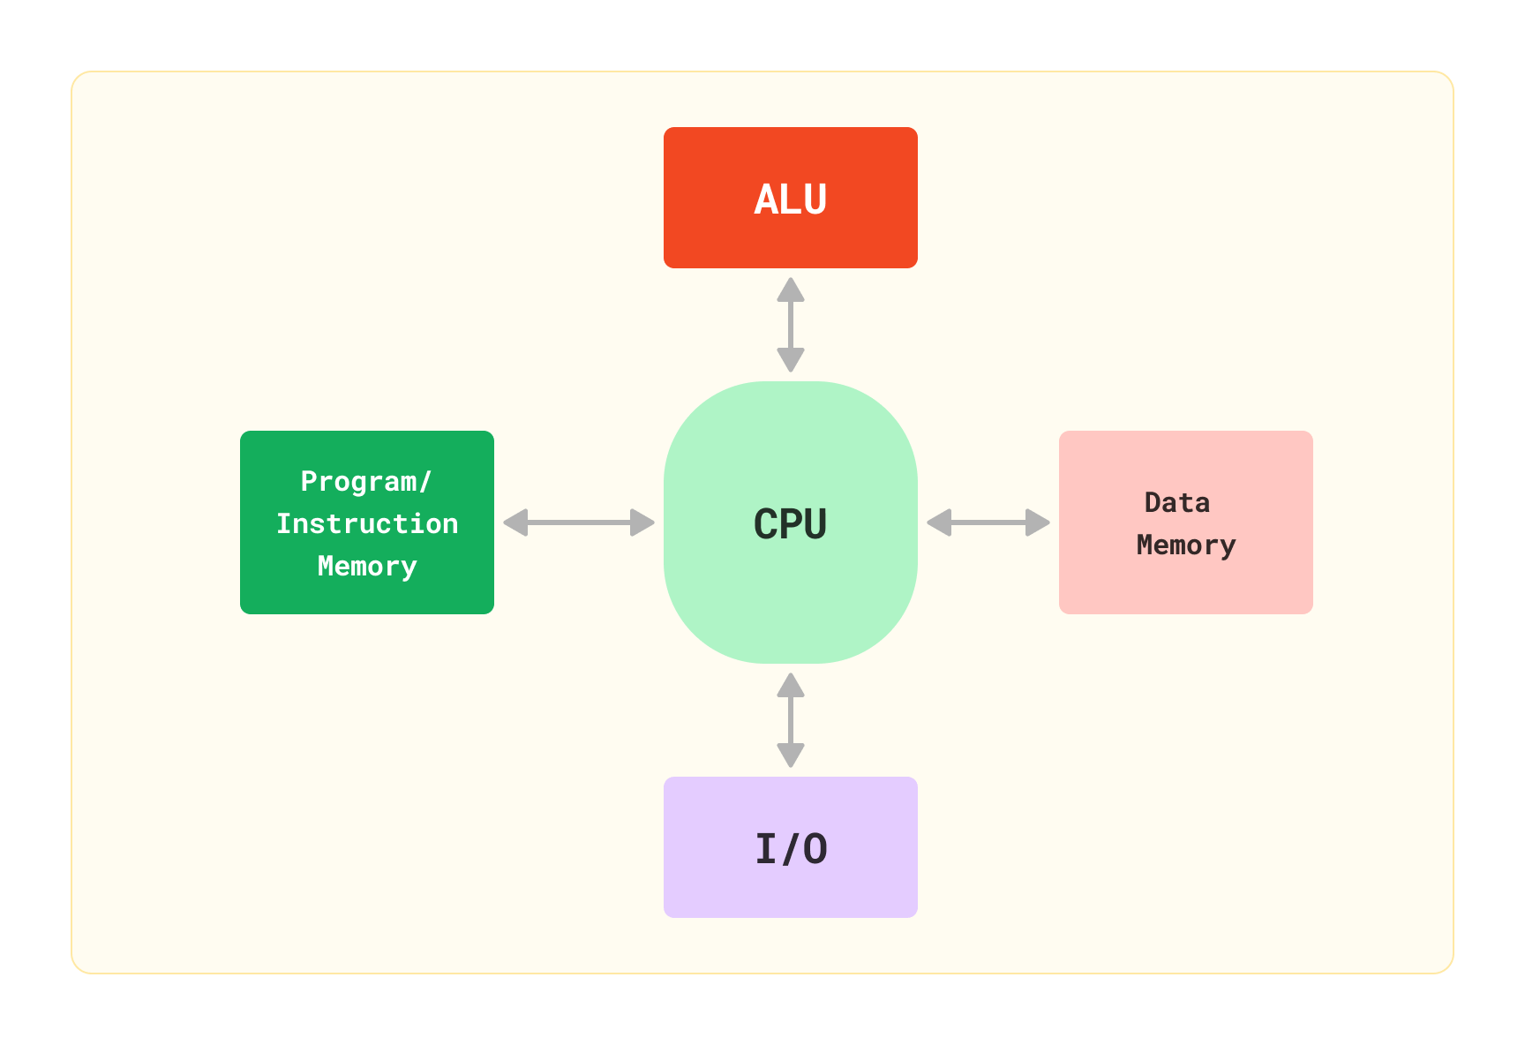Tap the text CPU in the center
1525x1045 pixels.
tap(790, 524)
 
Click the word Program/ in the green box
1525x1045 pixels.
tap(366, 482)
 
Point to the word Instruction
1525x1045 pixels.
tap(367, 524)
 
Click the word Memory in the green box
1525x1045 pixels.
tap(367, 567)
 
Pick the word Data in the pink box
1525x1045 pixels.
tap(1177, 503)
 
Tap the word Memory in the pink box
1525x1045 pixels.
tap(1186, 545)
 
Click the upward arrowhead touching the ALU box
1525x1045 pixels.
tap(791, 289)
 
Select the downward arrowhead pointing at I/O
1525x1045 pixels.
tap(791, 756)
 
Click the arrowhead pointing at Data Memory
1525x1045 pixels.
tap(1038, 522)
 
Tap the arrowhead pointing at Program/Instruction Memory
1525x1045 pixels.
tap(515, 522)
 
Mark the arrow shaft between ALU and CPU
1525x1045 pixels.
tap(791, 325)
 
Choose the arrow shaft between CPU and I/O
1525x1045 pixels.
tap(791, 720)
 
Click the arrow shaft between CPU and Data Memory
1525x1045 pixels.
tap(988, 522)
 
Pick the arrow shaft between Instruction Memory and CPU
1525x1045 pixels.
tap(579, 522)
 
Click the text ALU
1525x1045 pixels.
tap(791, 199)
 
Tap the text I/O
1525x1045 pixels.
tap(791, 849)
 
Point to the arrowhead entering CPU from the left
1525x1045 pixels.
tap(642, 522)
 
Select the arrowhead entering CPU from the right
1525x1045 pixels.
tap(939, 522)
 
